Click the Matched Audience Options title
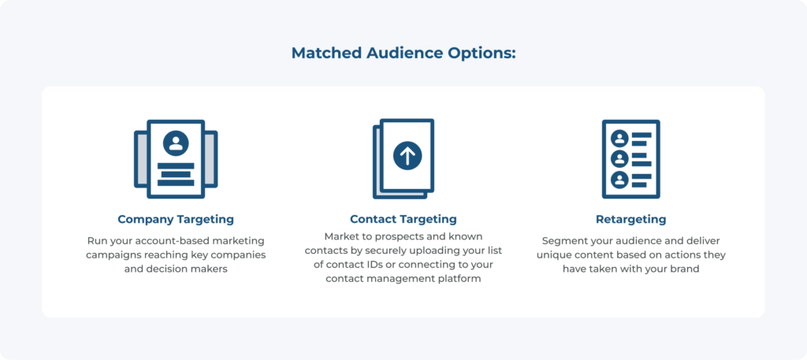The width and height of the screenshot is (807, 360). coord(403,54)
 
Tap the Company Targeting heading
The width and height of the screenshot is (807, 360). coord(176,219)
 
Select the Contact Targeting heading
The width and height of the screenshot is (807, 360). coord(403,219)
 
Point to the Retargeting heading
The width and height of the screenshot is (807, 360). coord(631,219)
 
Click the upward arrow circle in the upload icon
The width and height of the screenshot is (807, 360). coord(407,156)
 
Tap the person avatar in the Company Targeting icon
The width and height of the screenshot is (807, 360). coord(176,143)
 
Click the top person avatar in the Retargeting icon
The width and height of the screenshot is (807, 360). coord(619,139)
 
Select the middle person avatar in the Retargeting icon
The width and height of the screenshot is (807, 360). coord(619,159)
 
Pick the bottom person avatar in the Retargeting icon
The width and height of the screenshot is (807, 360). coord(619,180)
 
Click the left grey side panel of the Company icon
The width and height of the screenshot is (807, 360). coord(140,159)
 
